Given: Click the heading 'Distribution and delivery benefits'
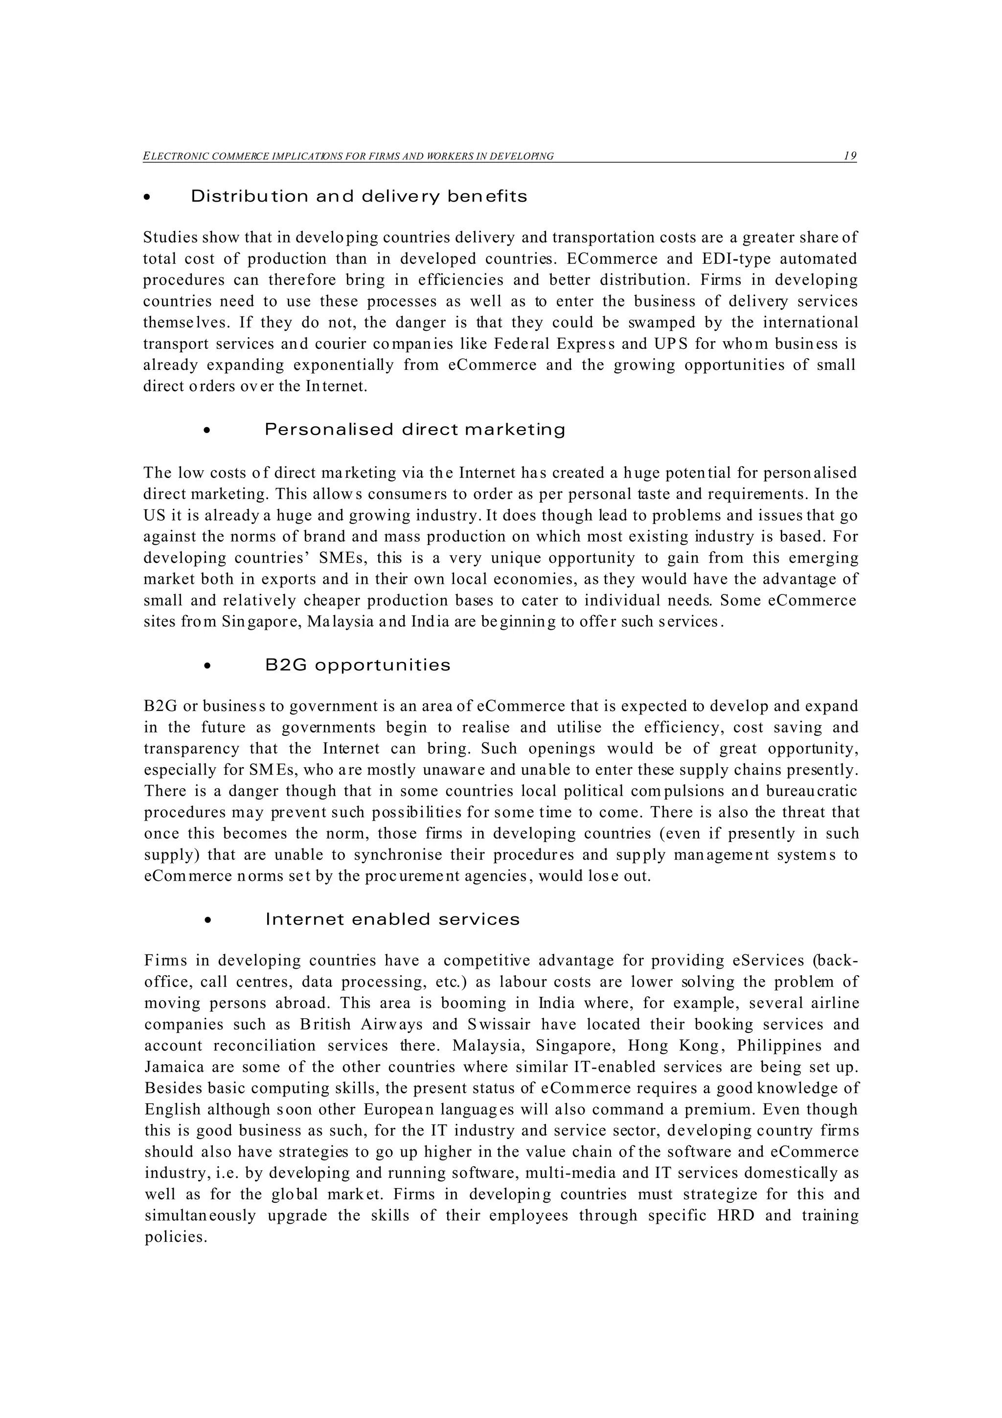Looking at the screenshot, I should click(x=359, y=196).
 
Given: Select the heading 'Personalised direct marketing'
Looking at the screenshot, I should click(x=415, y=429).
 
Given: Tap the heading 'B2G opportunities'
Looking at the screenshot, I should click(x=358, y=665).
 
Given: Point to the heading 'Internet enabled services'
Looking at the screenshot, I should click(x=393, y=919).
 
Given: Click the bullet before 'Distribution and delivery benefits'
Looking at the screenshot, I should click(x=146, y=198).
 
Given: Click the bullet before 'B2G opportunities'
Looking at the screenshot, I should click(x=207, y=666).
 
